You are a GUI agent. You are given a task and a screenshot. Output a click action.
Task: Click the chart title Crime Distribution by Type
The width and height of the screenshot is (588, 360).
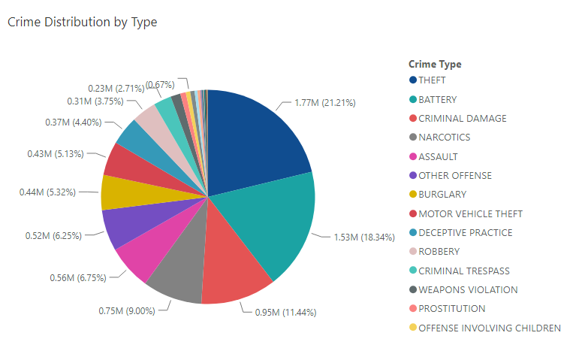click(x=82, y=22)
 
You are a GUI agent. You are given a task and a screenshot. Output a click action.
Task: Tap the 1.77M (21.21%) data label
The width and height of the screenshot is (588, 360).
click(x=324, y=102)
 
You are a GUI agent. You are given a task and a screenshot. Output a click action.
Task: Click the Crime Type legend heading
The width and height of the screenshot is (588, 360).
click(x=435, y=64)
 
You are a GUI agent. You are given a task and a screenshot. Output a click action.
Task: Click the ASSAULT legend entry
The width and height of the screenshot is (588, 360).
click(x=438, y=156)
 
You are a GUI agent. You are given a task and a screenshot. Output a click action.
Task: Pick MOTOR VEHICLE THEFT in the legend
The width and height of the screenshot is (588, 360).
click(x=470, y=213)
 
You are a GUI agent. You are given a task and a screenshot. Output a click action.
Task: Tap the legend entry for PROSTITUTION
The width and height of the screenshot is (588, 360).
click(x=451, y=309)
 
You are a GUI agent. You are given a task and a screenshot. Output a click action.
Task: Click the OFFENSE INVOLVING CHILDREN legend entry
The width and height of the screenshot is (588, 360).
click(x=489, y=328)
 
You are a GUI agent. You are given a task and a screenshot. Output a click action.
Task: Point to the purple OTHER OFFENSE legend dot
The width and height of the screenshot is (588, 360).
click(x=413, y=176)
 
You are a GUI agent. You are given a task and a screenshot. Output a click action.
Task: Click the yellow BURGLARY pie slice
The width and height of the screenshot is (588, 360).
click(x=117, y=192)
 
